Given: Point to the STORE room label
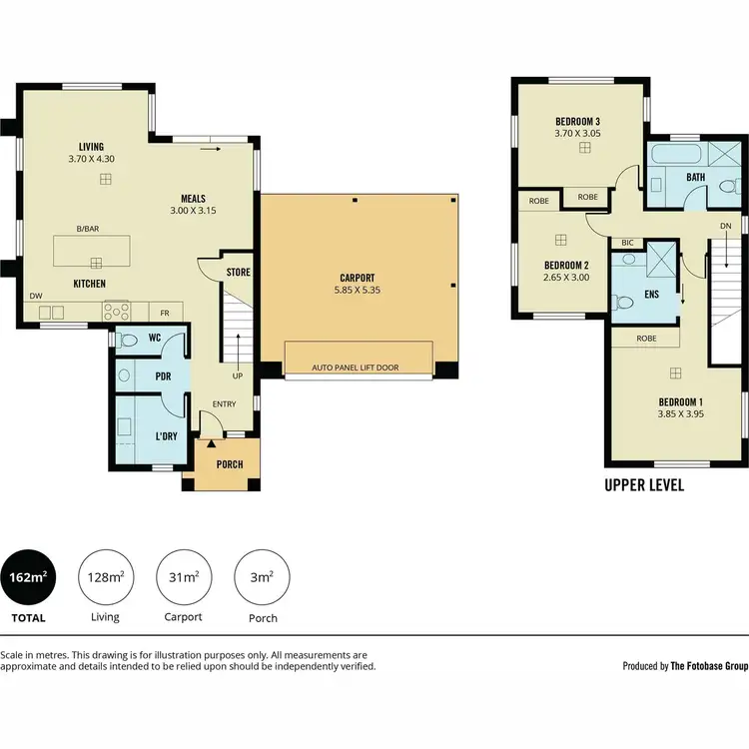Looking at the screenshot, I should pos(238,272).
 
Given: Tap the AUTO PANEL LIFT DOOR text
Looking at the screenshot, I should pos(355,368).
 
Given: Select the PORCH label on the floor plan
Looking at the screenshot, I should pos(230,464).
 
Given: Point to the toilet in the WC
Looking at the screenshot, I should pos(127,340).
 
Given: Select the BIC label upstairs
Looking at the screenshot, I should pos(627,243).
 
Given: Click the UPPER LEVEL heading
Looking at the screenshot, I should pos(644,486).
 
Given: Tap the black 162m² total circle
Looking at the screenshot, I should pos(29,577).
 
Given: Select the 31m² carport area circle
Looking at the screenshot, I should pos(182,577).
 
